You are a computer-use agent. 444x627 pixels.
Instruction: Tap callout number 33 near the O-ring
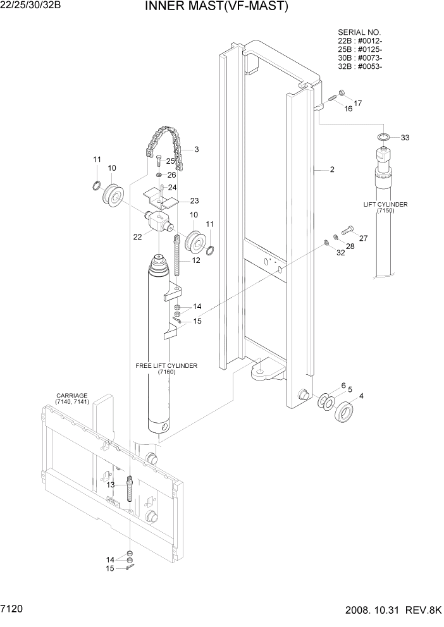tap(405, 138)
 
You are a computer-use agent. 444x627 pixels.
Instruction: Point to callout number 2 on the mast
tap(331, 169)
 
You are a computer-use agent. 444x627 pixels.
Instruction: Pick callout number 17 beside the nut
tap(358, 102)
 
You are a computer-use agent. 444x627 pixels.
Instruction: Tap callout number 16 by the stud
tap(348, 109)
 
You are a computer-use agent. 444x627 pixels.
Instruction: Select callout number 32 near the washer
tap(341, 253)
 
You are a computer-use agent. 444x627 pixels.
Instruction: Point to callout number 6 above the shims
tap(343, 386)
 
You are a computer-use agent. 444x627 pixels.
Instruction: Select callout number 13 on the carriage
tap(110, 484)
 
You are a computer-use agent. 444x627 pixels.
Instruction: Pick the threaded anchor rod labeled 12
tap(178, 253)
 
